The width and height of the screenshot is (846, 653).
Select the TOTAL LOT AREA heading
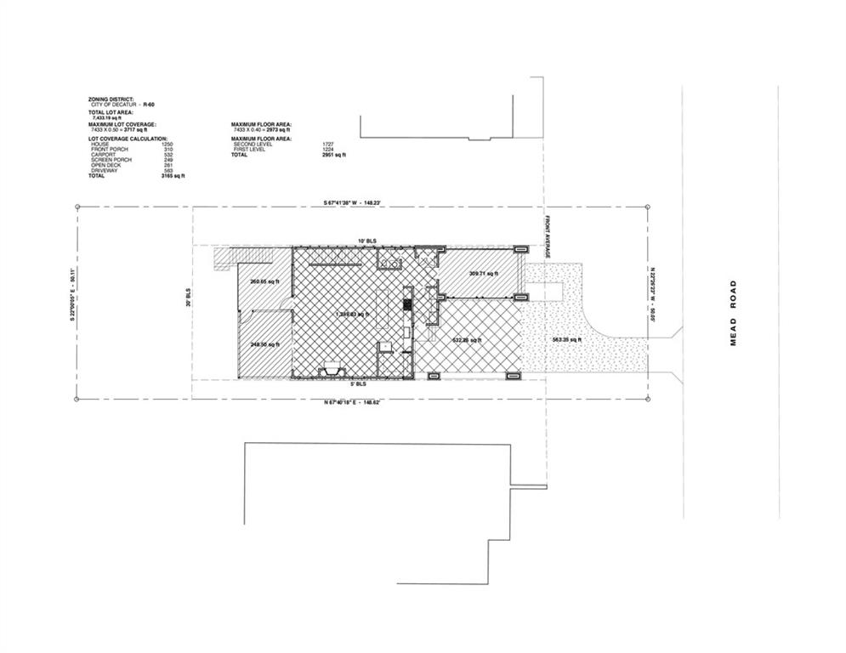111,113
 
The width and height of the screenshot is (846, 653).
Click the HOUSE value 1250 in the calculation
167,145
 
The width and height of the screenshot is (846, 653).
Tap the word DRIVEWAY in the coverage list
105,171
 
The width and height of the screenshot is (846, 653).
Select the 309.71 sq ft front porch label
482,273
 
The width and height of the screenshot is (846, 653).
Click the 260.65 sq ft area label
264,281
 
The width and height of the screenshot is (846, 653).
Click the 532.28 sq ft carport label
466,340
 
